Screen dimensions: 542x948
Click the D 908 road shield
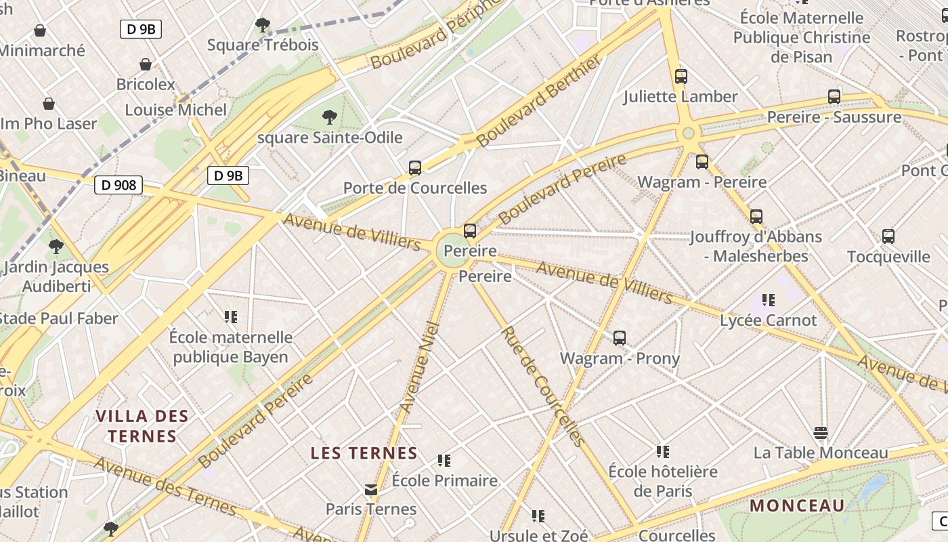tap(119, 184)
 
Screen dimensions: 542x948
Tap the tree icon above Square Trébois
tap(263, 26)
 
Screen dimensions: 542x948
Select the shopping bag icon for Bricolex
tap(145, 65)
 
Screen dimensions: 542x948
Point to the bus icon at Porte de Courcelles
tap(415, 167)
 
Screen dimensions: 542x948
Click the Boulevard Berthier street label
tap(538, 102)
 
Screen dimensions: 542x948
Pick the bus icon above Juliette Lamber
tap(681, 77)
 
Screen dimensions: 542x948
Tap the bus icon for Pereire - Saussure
tap(834, 97)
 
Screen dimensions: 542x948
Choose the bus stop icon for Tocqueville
tap(888, 236)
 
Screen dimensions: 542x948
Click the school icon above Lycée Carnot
tap(768, 299)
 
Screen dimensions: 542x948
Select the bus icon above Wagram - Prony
tap(620, 338)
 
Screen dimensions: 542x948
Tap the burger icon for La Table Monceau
tap(821, 432)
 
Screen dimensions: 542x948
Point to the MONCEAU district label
tap(798, 505)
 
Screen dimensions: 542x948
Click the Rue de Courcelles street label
tap(542, 387)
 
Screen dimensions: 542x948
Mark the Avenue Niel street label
tap(420, 367)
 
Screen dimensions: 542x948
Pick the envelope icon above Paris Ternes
tap(371, 490)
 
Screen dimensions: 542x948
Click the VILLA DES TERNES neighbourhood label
tap(142, 425)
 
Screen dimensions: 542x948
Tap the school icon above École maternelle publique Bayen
tap(231, 316)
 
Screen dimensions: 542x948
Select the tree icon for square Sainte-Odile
tap(330, 117)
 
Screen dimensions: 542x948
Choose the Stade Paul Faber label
tap(60, 318)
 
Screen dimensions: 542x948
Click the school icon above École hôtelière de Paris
tap(663, 451)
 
